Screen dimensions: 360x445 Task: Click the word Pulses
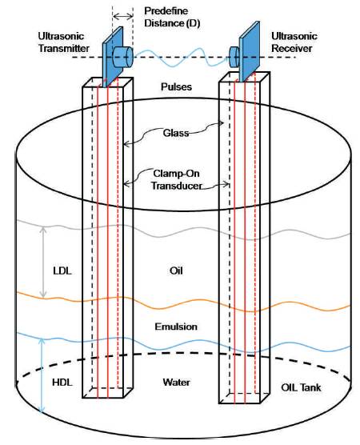click(176, 87)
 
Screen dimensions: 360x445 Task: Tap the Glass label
click(176, 133)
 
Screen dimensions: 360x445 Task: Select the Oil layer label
click(176, 271)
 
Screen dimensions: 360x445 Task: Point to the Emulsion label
click(176, 327)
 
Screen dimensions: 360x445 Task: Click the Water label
click(176, 383)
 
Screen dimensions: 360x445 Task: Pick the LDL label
click(62, 271)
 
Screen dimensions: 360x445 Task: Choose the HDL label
click(62, 383)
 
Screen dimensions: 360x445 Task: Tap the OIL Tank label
click(301, 387)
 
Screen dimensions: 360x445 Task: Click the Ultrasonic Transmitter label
click(63, 42)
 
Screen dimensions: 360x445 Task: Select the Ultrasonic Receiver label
click(294, 42)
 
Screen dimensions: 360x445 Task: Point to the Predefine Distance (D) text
click(172, 17)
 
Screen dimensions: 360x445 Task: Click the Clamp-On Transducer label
click(177, 179)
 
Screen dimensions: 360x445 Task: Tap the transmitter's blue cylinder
click(123, 57)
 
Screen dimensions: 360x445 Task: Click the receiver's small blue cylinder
click(234, 57)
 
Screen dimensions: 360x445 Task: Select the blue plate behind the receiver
click(250, 52)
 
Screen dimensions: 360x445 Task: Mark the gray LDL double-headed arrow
click(43, 262)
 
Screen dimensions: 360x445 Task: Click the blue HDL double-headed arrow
click(42, 375)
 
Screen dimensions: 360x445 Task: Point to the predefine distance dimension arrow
click(123, 17)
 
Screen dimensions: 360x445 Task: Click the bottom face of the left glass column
click(107, 393)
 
